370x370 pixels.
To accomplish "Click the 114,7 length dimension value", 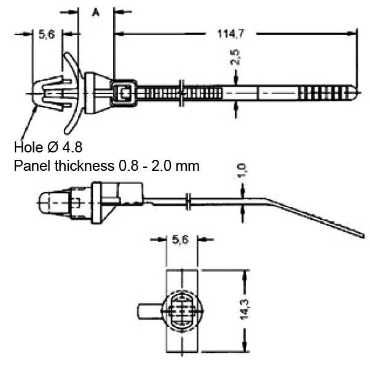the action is coord(230,34).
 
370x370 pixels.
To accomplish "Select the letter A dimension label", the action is coord(95,12).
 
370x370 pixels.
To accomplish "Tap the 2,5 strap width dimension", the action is coord(235,57).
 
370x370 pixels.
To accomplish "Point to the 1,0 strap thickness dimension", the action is coord(242,170).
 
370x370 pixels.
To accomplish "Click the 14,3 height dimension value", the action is coord(245,309).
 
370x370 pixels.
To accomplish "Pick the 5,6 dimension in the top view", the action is coord(47,34).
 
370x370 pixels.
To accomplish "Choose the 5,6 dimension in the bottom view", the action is coord(181,240).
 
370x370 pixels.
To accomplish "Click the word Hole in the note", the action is coord(28,148).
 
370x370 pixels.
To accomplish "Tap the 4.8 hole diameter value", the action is coord(72,148).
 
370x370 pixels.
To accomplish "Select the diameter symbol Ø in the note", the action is coord(53,148).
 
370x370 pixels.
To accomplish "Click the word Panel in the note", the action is coord(32,166).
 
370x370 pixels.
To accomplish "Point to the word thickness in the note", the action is coord(85,166).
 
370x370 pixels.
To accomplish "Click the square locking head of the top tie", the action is coord(124,93).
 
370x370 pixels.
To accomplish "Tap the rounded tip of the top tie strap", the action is coord(352,93).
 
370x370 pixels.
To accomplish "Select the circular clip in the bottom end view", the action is coord(182,311).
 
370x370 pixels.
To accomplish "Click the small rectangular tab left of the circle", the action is coord(149,311).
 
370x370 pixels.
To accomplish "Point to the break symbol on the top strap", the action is coord(182,93).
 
